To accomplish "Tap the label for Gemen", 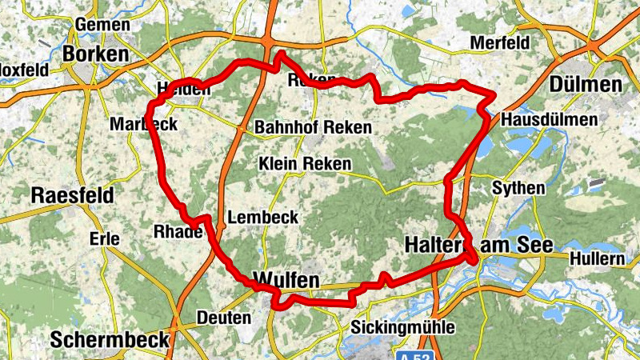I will pos(102,25).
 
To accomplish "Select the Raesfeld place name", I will pos(72,195).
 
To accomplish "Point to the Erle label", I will pos(105,238).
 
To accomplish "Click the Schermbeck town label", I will pos(110,339).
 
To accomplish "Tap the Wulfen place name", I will pos(286,280).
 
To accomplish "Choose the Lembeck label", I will pos(263,218).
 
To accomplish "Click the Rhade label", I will pos(178,232).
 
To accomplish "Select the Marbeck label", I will pos(143,125).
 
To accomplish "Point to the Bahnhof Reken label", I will pos(313,128).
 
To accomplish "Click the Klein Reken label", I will pos(305,164).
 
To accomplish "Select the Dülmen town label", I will pos(586,85).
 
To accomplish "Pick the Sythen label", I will pos(518,189).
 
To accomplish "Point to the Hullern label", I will pos(597,259).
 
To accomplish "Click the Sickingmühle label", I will pos(403,327).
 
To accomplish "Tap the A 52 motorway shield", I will pos(413,353).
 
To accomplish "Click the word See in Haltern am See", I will pos(532,244).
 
